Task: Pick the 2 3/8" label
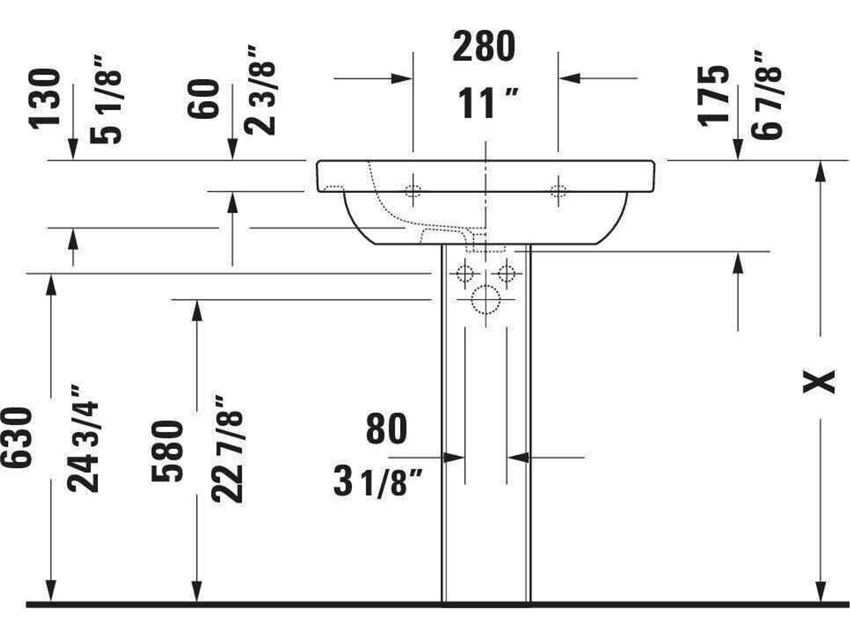(x=260, y=91)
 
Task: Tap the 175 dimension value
(x=713, y=96)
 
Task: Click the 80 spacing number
(x=386, y=429)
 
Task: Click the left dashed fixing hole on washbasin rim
(x=413, y=191)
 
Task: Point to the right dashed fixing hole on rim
(x=558, y=191)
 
